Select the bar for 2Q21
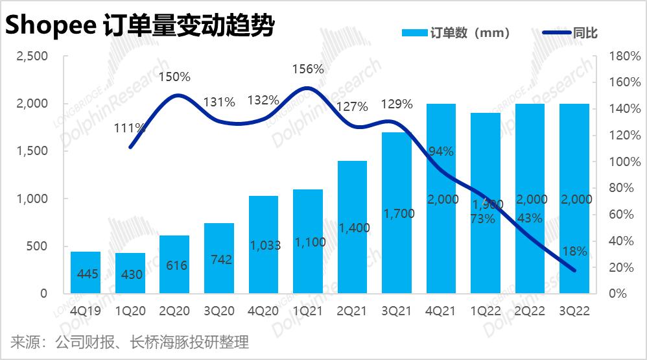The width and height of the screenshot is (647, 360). click(353, 227)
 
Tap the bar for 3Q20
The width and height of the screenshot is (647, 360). click(219, 258)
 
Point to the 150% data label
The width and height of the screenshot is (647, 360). click(176, 77)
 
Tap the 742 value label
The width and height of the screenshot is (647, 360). click(219, 259)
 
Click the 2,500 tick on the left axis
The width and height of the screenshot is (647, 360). click(31, 56)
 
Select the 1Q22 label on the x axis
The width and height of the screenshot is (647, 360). click(486, 311)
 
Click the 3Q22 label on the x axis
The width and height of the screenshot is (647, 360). click(574, 311)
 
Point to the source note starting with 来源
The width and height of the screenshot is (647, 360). click(130, 342)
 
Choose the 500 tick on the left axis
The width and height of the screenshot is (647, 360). click(37, 246)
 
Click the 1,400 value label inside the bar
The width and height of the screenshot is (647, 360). click(353, 228)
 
